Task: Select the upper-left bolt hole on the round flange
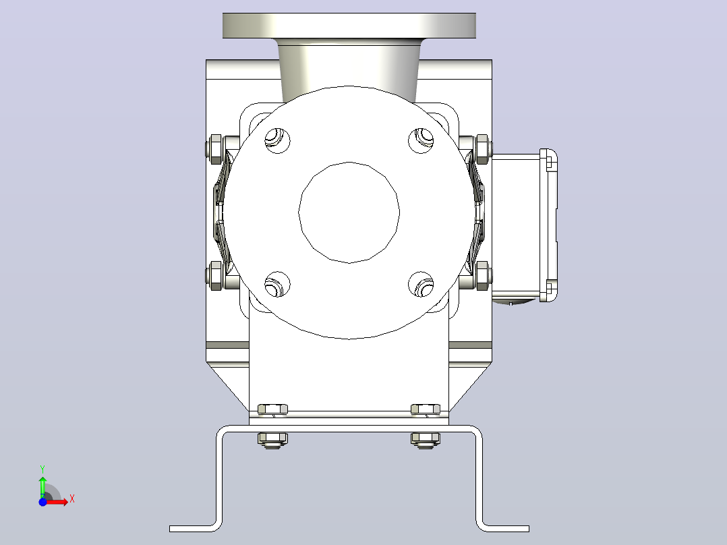[277, 140]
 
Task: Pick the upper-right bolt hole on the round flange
[421, 140]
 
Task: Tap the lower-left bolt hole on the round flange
[277, 285]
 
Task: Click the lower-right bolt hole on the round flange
[421, 285]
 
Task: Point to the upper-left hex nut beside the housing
[216, 149]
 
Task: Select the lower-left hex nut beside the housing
[216, 276]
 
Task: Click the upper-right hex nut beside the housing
[482, 149]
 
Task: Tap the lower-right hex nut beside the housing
[482, 276]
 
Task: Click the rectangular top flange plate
[349, 26]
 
